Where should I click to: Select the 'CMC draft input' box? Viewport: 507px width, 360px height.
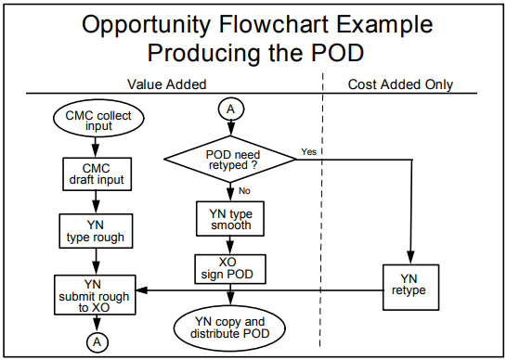pyautogui.click(x=89, y=173)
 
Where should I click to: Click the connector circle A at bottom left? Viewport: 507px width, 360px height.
pyautogui.click(x=97, y=341)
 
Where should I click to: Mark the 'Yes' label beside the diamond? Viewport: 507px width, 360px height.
pyautogui.click(x=309, y=150)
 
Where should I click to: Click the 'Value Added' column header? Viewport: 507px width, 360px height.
pyautogui.click(x=167, y=84)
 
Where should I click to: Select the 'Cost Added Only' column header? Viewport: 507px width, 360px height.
pyautogui.click(x=400, y=84)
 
